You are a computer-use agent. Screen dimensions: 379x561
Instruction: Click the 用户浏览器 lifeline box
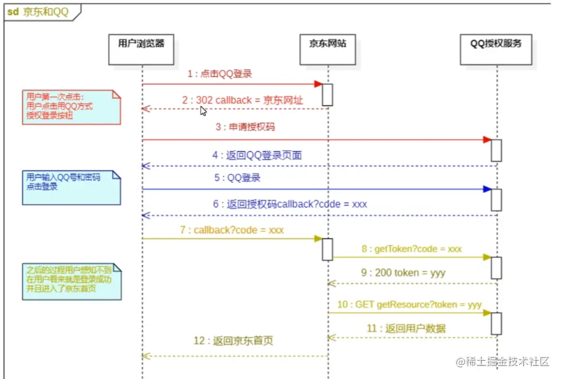pyautogui.click(x=141, y=49)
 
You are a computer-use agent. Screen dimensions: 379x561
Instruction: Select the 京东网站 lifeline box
pyautogui.click(x=328, y=49)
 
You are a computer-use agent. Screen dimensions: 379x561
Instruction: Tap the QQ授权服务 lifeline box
pyautogui.click(x=495, y=49)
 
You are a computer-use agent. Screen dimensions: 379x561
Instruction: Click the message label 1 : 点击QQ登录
pyautogui.click(x=219, y=74)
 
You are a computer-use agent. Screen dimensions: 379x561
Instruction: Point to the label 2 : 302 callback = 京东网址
pyautogui.click(x=242, y=100)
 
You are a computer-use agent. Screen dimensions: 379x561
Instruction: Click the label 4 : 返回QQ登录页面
pyautogui.click(x=257, y=155)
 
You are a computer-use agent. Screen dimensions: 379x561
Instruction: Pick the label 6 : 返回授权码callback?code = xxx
pyautogui.click(x=290, y=204)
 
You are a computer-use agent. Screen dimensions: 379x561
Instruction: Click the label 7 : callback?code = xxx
pyautogui.click(x=232, y=230)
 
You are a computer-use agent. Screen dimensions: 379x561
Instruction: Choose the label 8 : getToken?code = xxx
pyautogui.click(x=411, y=249)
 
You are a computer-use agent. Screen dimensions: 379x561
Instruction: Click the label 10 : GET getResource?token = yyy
pyautogui.click(x=409, y=305)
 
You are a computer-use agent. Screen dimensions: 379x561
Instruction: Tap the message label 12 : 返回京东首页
pyautogui.click(x=233, y=340)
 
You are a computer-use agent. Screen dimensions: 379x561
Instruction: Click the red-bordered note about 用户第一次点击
pyautogui.click(x=71, y=107)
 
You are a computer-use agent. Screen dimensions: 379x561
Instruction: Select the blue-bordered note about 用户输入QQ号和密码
pyautogui.click(x=71, y=187)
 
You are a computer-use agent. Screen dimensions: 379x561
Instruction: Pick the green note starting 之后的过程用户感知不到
pyautogui.click(x=72, y=281)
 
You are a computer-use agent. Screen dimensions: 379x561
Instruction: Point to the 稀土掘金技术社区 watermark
pyautogui.click(x=503, y=361)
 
